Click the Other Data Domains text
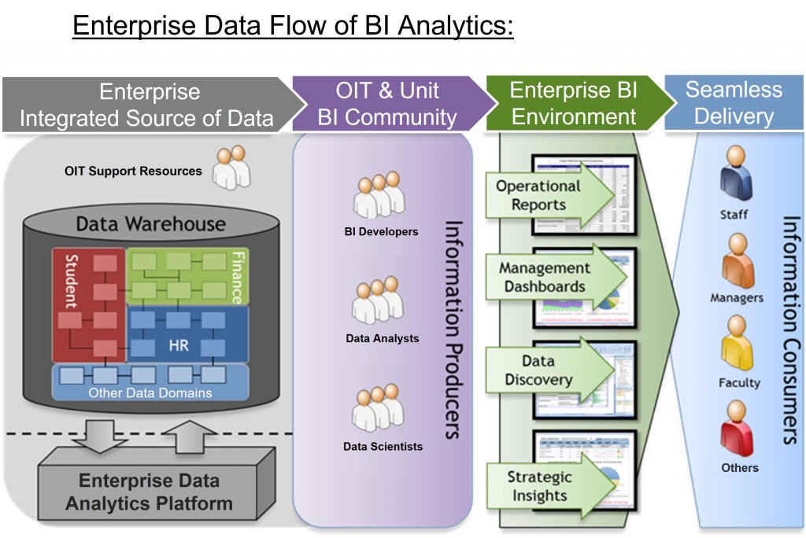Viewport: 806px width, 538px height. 150,392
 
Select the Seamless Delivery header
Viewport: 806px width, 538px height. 734,103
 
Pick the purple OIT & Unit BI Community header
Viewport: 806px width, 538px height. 386,104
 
